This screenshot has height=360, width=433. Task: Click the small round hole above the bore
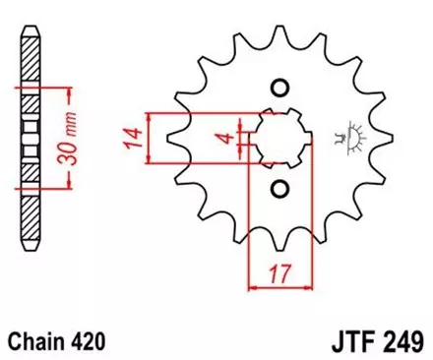pyautogui.click(x=278, y=86)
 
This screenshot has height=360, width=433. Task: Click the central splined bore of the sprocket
pyautogui.click(x=278, y=137)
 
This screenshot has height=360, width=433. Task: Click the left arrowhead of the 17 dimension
pyautogui.click(x=251, y=288)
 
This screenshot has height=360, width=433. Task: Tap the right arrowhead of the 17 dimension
pyautogui.click(x=307, y=288)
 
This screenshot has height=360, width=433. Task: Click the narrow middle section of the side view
pyautogui.click(x=29, y=137)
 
